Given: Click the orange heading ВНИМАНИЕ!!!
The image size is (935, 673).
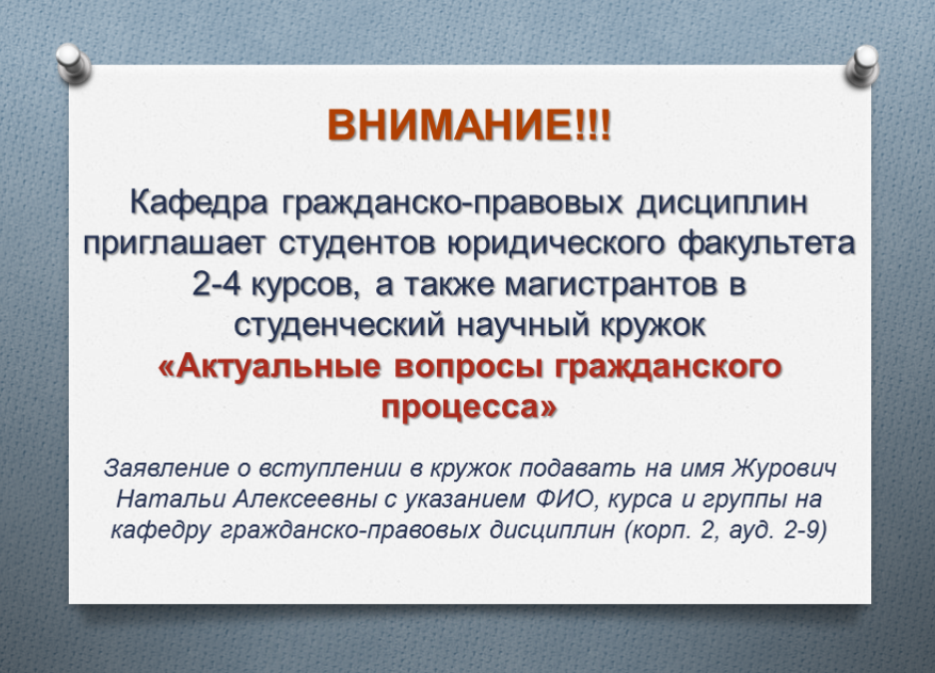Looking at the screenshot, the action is [x=469, y=125].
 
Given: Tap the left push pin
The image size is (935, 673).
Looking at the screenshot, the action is [x=74, y=63].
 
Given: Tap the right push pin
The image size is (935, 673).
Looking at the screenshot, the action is [x=862, y=65].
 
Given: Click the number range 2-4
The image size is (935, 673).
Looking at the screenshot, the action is [x=216, y=285].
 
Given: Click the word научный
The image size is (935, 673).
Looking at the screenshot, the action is [x=525, y=326].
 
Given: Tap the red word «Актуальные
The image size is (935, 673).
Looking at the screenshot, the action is [x=269, y=367].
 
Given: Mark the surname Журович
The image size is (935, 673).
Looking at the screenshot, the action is [x=783, y=469].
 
